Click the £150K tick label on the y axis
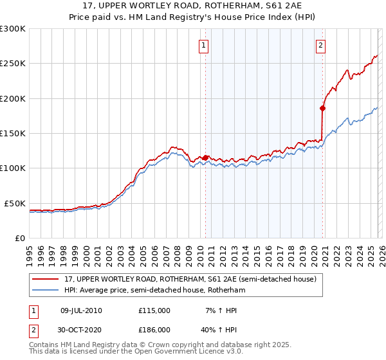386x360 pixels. [13, 133]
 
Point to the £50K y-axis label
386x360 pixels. [15, 203]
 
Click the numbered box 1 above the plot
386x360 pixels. [204, 45]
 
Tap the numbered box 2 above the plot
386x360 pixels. [320, 45]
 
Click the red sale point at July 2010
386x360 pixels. [205, 157]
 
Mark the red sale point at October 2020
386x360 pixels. [322, 108]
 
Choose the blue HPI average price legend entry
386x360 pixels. [154, 291]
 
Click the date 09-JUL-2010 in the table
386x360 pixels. [81, 310]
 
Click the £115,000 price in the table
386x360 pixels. [154, 310]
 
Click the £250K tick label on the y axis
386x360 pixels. [13, 64]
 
